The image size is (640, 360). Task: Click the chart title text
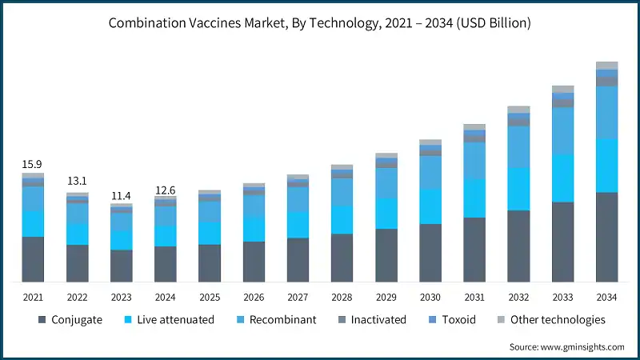pyautogui.click(x=320, y=23)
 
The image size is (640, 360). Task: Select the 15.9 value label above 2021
pyautogui.click(x=33, y=165)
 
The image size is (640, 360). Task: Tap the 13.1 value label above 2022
pyautogui.click(x=78, y=180)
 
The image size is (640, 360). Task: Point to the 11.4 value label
pyautogui.click(x=122, y=195)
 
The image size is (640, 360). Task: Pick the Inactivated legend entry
pyautogui.click(x=376, y=320)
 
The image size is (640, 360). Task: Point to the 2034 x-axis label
pyautogui.click(x=606, y=296)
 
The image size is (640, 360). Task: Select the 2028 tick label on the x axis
pyautogui.click(x=342, y=296)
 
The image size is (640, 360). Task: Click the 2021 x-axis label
pyautogui.click(x=33, y=296)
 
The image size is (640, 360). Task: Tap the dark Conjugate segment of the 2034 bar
pyautogui.click(x=606, y=237)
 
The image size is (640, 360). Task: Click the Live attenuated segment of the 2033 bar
pyautogui.click(x=562, y=178)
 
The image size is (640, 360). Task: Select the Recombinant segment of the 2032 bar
pyautogui.click(x=518, y=146)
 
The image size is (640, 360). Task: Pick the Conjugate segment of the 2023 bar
pyautogui.click(x=122, y=266)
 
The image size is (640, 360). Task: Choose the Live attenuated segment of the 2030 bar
pyautogui.click(x=430, y=206)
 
